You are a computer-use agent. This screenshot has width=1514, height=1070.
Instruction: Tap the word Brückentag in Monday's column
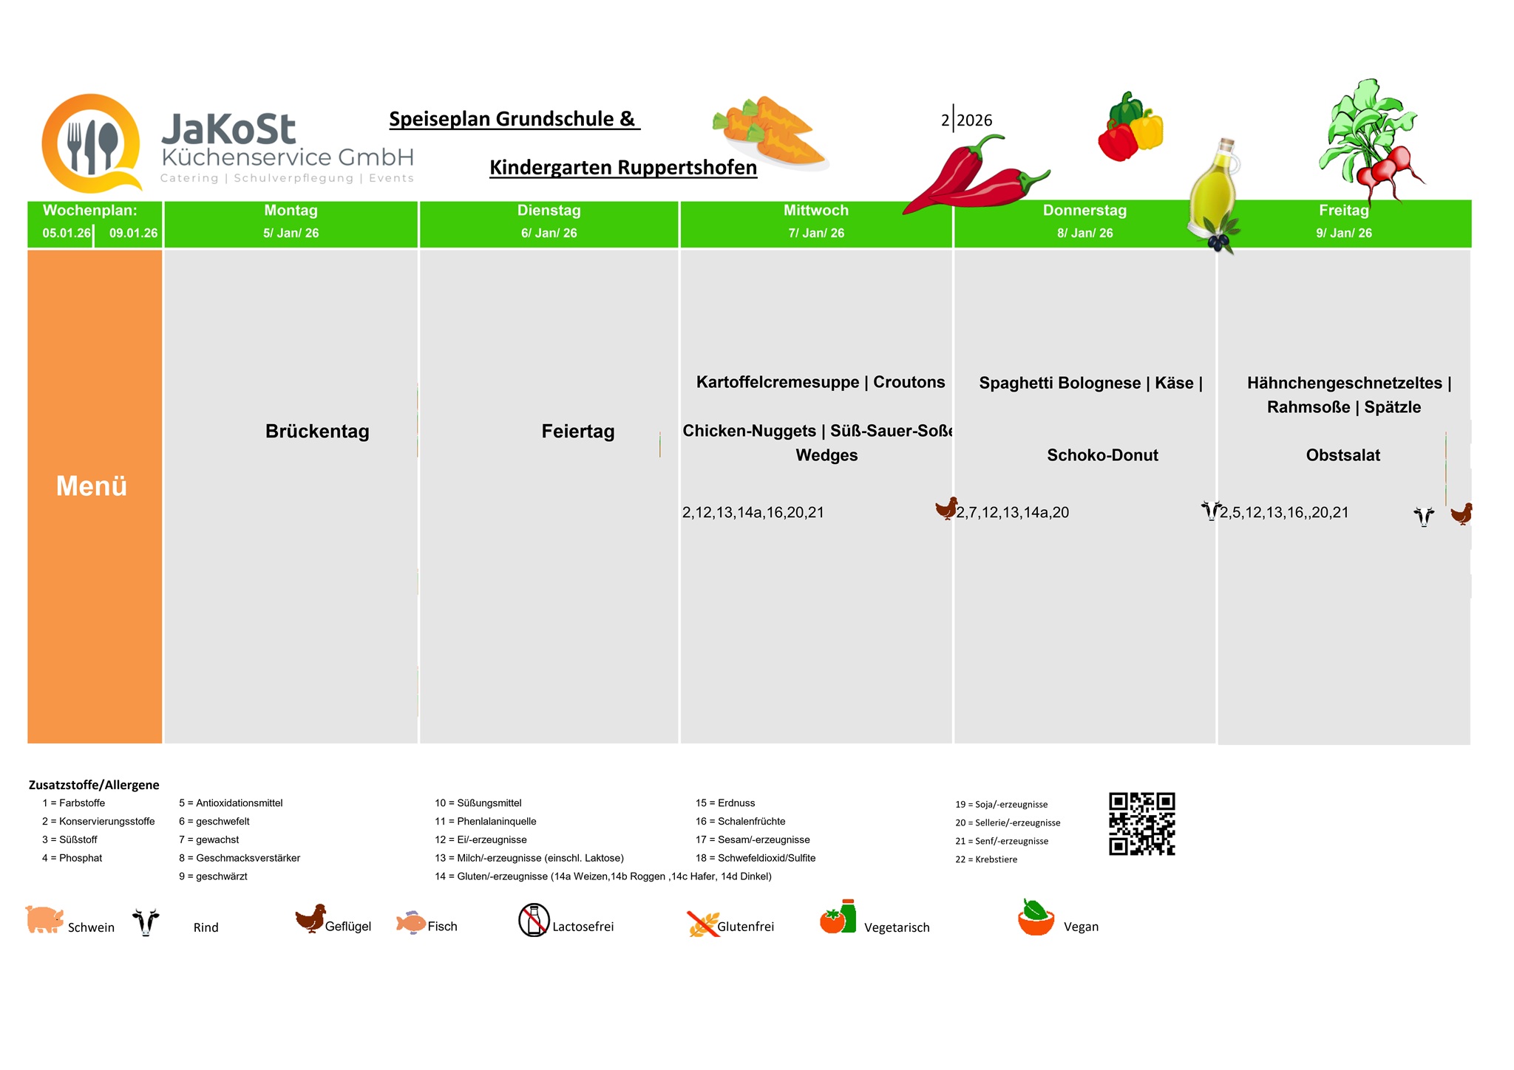pos(317,432)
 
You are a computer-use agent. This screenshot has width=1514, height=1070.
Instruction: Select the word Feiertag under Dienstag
pos(577,432)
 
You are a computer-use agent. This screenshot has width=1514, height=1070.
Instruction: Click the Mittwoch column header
pos(815,211)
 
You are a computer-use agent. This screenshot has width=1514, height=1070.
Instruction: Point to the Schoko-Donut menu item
pos(1102,455)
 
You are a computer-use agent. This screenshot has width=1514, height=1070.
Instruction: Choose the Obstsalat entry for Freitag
pos(1342,455)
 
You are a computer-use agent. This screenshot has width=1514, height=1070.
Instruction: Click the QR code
pos(1141,824)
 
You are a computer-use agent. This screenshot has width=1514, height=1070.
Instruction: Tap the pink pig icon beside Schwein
pos(44,919)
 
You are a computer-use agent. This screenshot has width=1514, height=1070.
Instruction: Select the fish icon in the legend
pos(410,922)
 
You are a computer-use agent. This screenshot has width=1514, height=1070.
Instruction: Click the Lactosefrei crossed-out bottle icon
pos(534,920)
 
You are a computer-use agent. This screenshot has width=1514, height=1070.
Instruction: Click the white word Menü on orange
pos(92,486)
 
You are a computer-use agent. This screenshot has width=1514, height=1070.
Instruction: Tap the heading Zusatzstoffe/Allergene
pos(94,785)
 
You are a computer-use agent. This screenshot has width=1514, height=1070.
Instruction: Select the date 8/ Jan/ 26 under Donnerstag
pos(1084,234)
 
